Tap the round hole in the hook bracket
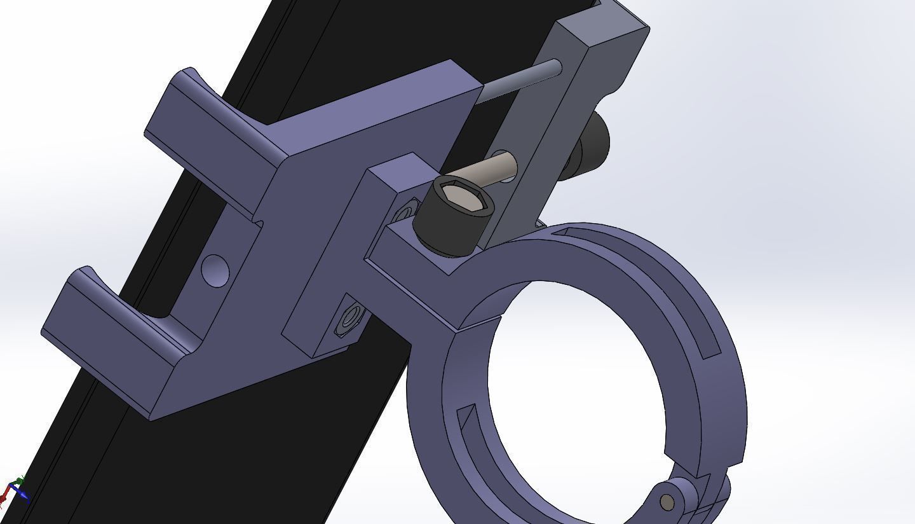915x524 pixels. click(215, 270)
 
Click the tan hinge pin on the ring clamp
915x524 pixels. click(667, 502)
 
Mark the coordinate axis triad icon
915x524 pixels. click(14, 490)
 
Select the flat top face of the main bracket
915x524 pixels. click(375, 111)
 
